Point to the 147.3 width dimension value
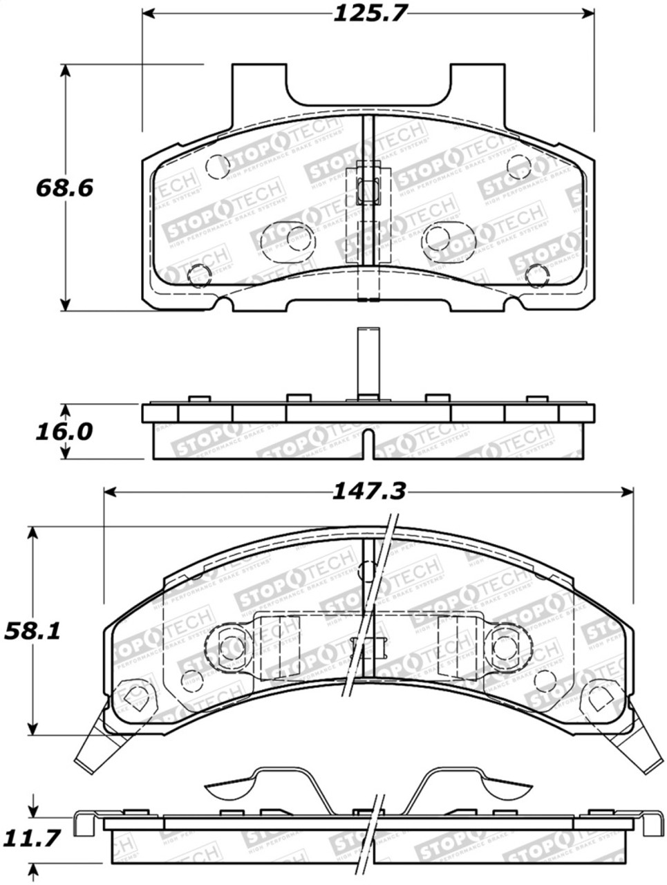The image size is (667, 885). coord(368,492)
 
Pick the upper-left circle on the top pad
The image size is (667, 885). coord(218,165)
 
